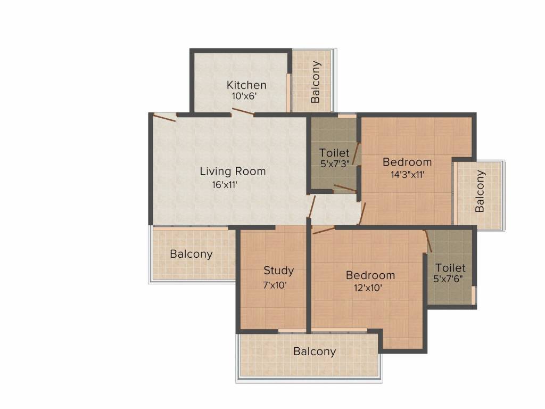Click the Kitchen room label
click(x=246, y=85)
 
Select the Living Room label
click(x=233, y=171)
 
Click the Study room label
click(x=278, y=271)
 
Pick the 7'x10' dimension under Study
click(x=275, y=284)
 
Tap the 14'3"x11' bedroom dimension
click(x=407, y=174)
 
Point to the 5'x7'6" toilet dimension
click(x=450, y=279)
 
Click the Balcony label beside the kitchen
click(x=316, y=82)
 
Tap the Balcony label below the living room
click(x=191, y=254)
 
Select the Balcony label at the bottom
click(x=315, y=351)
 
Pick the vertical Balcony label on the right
click(x=480, y=191)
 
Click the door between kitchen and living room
click(x=243, y=112)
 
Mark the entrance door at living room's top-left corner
click(x=164, y=118)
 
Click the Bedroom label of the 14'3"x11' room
click(x=407, y=162)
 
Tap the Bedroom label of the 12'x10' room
click(x=370, y=275)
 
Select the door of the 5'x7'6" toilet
click(x=428, y=241)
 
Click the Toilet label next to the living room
click(x=334, y=153)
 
